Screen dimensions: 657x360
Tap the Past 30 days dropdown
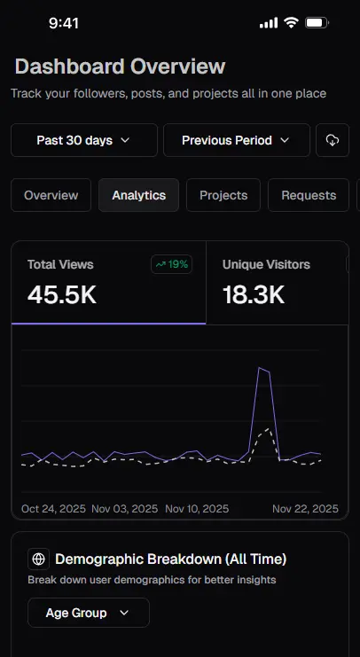(83, 140)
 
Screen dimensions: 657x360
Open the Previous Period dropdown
(236, 140)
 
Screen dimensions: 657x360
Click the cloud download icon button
(333, 140)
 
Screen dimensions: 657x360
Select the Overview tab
(51, 195)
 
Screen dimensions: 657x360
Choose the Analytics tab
(138, 195)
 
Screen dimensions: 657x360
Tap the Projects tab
(223, 195)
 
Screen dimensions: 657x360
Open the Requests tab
(309, 195)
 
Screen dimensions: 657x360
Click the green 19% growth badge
(172, 264)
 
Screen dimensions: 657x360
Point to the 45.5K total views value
(62, 295)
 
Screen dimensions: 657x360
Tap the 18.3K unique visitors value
(254, 295)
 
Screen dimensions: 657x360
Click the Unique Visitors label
(267, 264)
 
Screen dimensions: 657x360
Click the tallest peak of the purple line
(260, 367)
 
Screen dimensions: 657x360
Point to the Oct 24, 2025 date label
(53, 509)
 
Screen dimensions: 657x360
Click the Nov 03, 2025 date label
(125, 509)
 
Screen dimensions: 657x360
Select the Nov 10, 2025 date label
(197, 509)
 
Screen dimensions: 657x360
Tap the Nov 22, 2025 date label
(305, 509)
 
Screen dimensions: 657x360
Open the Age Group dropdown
(88, 613)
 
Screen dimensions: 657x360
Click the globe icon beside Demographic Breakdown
(37, 559)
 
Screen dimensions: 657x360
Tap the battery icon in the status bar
(317, 23)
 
